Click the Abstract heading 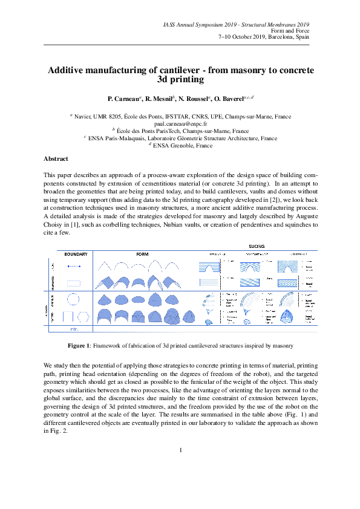pyautogui.click(x=56, y=158)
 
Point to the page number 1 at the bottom pyautogui.click(x=180, y=450)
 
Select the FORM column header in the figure pyautogui.click(x=142, y=254)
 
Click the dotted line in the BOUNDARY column pyautogui.click(x=74, y=266)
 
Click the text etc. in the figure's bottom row pyautogui.click(x=74, y=329)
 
